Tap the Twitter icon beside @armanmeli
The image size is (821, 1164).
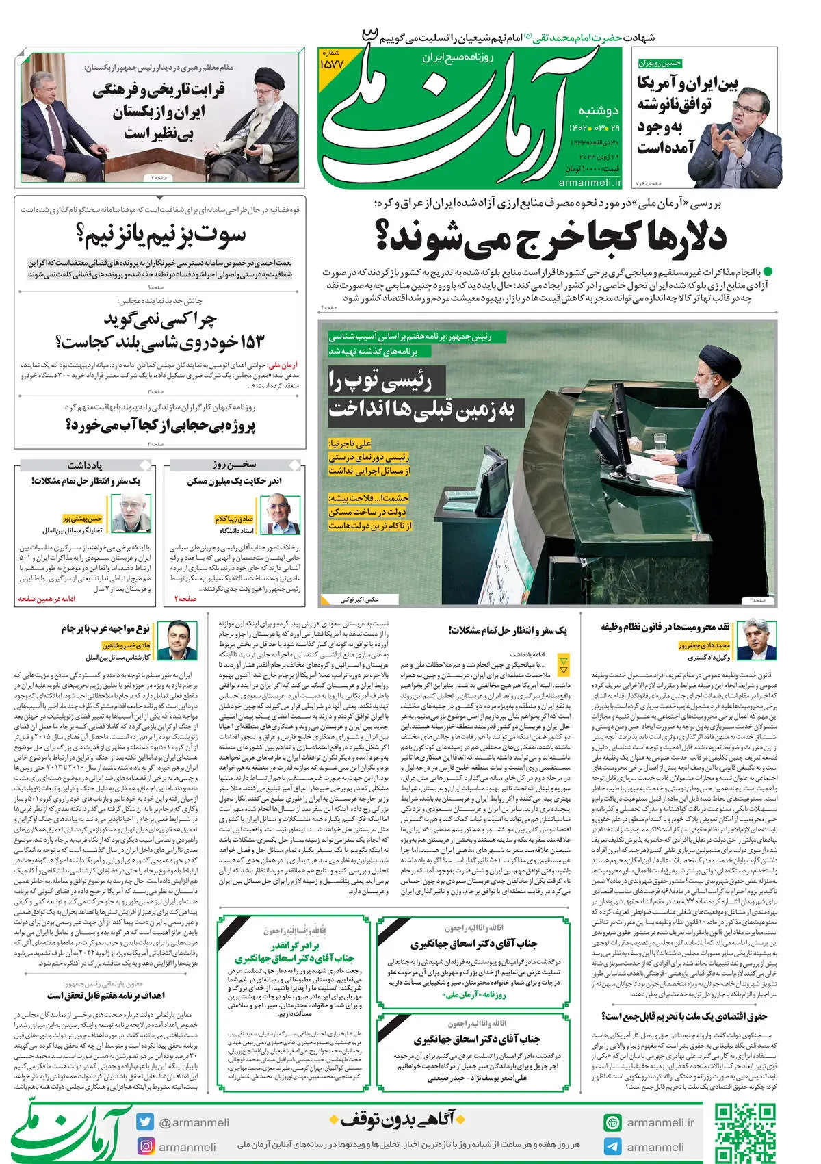click(145, 1122)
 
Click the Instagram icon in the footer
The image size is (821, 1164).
click(145, 1146)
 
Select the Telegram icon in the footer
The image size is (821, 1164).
click(612, 1146)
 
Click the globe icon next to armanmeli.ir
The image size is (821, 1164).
click(612, 1122)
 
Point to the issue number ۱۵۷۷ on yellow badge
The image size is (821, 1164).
click(335, 63)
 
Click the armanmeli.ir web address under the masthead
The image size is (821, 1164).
click(590, 183)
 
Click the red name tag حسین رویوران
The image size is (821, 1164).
click(661, 63)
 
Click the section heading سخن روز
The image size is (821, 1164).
click(234, 465)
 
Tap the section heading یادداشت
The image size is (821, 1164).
click(86, 465)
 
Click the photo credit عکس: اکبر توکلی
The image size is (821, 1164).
click(361, 599)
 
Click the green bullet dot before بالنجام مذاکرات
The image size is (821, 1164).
click(768, 272)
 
